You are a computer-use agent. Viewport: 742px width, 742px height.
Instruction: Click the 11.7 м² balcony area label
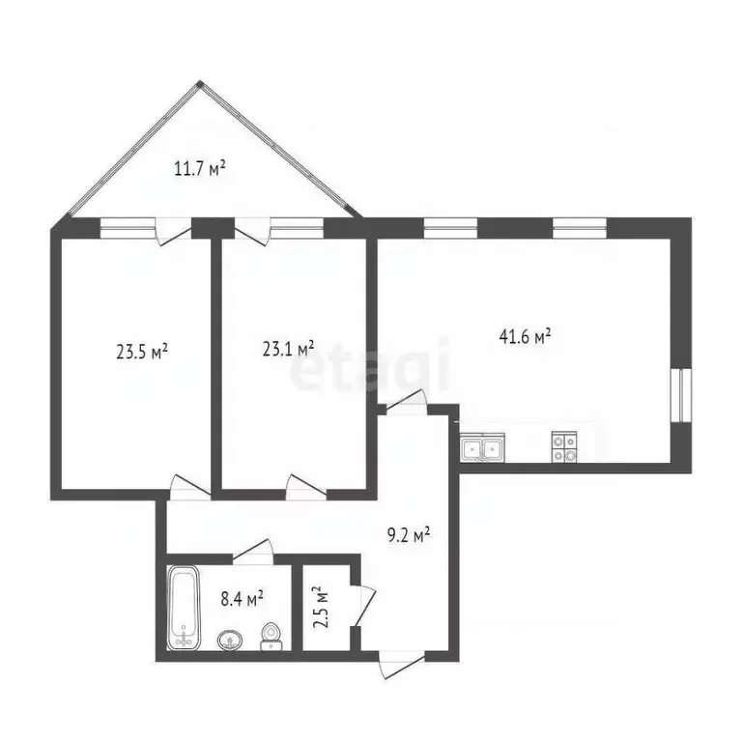[200, 170]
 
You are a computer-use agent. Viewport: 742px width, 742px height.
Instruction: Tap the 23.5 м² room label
[142, 352]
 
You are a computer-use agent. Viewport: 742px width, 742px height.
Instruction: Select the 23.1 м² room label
[289, 348]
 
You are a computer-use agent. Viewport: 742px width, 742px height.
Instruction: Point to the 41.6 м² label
[526, 337]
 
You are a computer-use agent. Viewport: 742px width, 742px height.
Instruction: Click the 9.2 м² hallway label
[406, 534]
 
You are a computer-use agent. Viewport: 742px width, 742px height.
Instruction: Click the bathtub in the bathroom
[182, 607]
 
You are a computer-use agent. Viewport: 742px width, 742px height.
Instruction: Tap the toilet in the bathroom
[271, 634]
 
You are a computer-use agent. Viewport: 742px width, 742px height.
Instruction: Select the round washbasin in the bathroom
[231, 640]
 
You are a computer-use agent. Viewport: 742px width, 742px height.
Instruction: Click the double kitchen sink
[480, 447]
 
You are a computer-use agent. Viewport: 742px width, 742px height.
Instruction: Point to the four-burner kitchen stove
[564, 444]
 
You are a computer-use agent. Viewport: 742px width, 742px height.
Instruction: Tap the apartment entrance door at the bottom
[400, 659]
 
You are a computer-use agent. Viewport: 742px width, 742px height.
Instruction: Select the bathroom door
[253, 551]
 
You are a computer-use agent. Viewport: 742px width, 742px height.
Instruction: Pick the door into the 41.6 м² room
[406, 401]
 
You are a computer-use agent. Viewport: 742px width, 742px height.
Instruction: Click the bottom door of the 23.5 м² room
[187, 486]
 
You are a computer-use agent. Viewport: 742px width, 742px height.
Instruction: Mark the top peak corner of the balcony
[199, 84]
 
